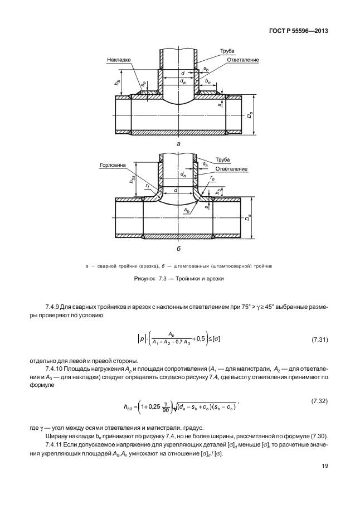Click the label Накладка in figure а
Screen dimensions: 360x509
coord(119,60)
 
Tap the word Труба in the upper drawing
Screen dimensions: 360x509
coord(227,51)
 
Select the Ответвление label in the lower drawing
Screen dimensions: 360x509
coord(231,169)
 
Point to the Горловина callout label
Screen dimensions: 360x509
coord(113,165)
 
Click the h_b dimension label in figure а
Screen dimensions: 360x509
coord(117,83)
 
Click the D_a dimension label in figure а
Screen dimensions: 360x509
coord(249,115)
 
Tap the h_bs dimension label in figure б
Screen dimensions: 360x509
coord(132,180)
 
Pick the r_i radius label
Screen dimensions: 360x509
coord(148,186)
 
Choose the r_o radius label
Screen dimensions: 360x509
coord(212,178)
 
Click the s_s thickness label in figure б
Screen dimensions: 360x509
coord(205,164)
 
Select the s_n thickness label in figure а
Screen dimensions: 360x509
coord(143,84)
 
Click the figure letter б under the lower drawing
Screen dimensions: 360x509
coord(178,249)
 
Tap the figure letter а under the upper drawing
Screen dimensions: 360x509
coord(178,143)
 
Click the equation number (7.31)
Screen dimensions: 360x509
coord(320,340)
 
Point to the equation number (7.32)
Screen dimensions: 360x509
coord(320,401)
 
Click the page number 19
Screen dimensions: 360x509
coord(325,466)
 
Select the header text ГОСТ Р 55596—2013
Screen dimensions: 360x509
coord(299,31)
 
